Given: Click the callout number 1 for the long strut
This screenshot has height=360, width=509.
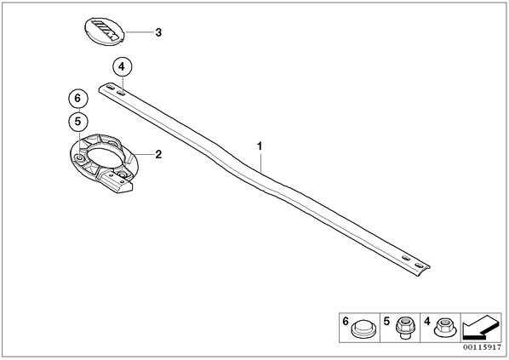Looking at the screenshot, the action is pos(260,146).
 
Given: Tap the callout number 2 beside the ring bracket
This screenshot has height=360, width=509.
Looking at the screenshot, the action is pos(158,154).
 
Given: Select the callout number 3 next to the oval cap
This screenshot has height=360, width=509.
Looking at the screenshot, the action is pos(158,32).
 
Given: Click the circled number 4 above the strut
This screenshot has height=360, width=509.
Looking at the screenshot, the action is pos(122,67).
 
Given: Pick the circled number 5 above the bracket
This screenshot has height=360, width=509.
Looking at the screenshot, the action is pos(78,122).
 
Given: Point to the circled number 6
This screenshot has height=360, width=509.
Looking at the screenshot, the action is pos(78,98).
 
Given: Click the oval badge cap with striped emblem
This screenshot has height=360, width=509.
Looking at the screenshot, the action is pos(105,31).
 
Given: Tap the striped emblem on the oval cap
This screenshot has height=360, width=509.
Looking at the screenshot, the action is pos(106,30).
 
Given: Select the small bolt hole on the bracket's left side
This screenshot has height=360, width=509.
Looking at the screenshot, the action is pos(79,158).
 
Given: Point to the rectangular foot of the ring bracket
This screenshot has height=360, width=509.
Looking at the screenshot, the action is pos(117,184).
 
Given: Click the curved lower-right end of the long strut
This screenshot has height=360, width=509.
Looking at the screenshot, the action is pos(421,270).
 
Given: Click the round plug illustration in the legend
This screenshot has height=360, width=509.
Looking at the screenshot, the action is pos(363,329).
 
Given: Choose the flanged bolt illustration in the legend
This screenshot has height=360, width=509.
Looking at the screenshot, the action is pos(403,327).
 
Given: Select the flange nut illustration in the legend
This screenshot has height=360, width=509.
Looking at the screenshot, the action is pos(445,327).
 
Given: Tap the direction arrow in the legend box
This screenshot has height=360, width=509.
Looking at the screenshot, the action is pos(481,327).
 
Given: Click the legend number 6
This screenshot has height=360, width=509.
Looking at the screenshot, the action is pos(346,322).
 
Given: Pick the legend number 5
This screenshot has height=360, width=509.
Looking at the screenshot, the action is pos(386,322).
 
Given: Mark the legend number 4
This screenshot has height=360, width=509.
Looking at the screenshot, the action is pos(427,322).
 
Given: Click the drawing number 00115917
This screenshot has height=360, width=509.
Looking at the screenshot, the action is pos(482,347).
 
